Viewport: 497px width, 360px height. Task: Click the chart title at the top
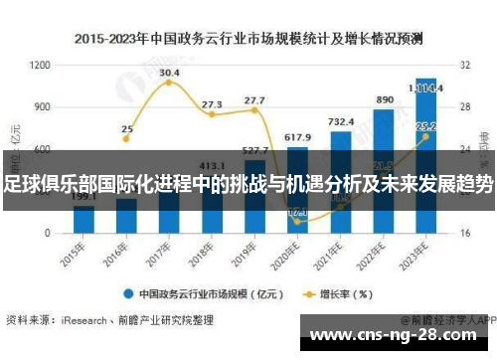248,39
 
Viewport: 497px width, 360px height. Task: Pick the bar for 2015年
84,218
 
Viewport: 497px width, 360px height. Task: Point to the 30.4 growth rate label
169,73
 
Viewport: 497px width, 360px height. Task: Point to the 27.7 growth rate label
254,100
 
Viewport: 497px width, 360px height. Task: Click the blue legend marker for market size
129,293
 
